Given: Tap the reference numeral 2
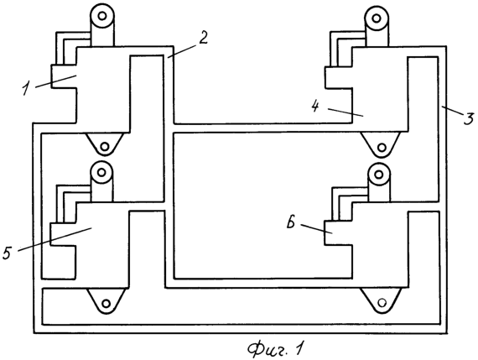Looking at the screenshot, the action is [x=202, y=38].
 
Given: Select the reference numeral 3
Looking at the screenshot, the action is [x=469, y=117].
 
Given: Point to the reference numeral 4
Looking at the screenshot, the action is [x=314, y=107].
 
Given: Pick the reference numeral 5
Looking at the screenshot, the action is [x=8, y=253].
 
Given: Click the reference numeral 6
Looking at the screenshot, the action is [x=291, y=222].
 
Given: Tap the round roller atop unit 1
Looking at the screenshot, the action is [x=102, y=16].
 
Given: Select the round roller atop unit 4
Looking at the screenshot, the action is [x=377, y=18].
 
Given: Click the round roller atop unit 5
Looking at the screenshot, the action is [x=101, y=172].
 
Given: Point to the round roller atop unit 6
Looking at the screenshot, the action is [x=378, y=175].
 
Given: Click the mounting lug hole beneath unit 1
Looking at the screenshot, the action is [x=105, y=147].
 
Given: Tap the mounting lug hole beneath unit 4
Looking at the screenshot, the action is [x=382, y=148].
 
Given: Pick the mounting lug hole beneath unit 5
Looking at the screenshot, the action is [x=107, y=304].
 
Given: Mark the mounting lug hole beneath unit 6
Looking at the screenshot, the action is [x=382, y=303].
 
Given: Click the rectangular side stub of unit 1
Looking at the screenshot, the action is [x=64, y=76].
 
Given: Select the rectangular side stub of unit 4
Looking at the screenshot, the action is [x=338, y=78].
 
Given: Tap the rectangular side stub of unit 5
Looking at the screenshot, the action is [x=63, y=235].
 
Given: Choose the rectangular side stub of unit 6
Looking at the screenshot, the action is [x=338, y=232].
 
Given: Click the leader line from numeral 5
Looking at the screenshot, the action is [x=55, y=239].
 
